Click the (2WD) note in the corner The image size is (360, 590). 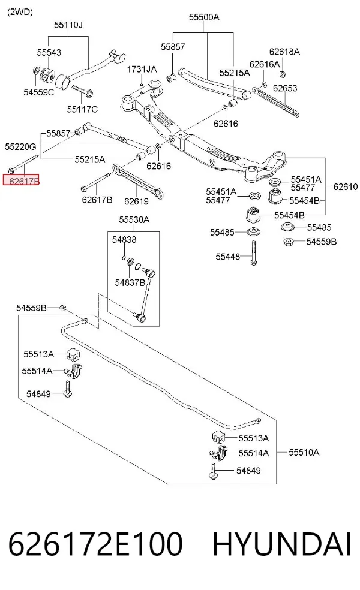(20, 12)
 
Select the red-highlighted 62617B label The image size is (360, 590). (22, 180)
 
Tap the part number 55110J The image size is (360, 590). (68, 25)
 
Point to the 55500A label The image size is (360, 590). (204, 17)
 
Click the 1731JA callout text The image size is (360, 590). (142, 69)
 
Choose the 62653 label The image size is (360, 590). (285, 88)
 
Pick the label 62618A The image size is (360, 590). (284, 52)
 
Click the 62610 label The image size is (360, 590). (346, 186)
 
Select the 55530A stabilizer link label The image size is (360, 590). (134, 219)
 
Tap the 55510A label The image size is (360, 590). (304, 452)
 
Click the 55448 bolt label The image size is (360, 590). (227, 257)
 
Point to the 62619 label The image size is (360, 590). (136, 201)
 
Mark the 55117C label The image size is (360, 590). (82, 109)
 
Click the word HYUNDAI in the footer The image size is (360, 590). (281, 544)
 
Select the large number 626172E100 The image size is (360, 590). (95, 544)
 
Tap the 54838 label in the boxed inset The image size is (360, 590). (124, 240)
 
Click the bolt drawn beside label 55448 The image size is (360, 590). (254, 252)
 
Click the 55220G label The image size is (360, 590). (20, 146)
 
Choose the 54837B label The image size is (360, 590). (130, 282)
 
